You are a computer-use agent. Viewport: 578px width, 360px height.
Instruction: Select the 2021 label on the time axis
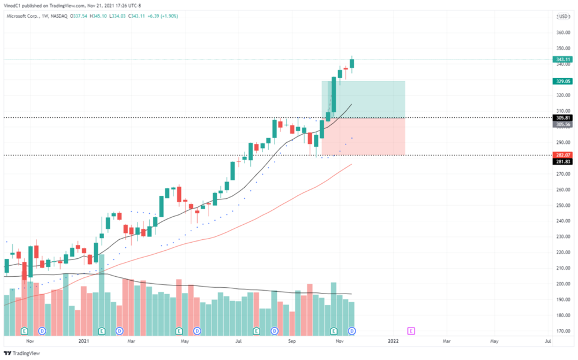(83, 342)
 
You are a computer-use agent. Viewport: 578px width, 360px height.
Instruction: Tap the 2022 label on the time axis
(393, 342)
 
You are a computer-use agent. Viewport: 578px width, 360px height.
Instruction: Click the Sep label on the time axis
(292, 342)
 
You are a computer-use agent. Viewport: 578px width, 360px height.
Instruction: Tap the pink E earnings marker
(411, 331)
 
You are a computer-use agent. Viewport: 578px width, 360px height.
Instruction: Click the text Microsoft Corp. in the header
(24, 16)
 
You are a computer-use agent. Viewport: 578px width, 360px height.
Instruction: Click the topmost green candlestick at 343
(353, 63)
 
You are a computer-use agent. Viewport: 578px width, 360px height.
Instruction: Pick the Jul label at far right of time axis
(547, 342)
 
